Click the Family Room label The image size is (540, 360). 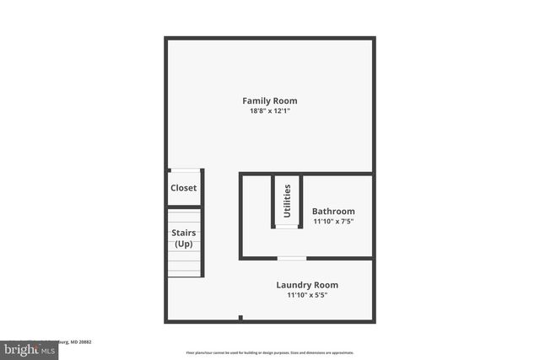270,101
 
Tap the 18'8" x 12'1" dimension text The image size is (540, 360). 270,111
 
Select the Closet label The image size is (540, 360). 184,189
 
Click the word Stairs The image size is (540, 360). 184,233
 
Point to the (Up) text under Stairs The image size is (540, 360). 184,244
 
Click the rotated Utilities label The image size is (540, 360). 288,201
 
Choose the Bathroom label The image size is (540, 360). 333,212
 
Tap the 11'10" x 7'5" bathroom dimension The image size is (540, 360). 333,222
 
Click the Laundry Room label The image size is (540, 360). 307,285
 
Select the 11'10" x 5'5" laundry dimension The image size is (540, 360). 307,295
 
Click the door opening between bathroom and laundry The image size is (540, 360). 292,257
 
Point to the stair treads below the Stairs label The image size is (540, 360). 185,265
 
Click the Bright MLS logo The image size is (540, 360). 25,347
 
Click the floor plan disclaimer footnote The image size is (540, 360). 269,352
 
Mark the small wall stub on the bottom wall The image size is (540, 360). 240,318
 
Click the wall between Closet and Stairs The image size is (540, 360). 185,207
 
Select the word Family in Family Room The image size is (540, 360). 256,101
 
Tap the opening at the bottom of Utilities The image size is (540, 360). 287,226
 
